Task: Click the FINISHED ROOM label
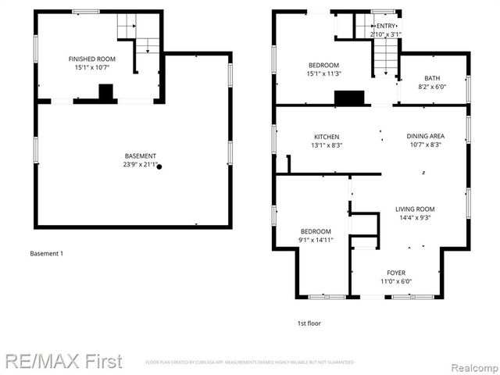(x=92, y=59)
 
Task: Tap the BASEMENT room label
(x=140, y=155)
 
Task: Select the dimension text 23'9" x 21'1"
(x=140, y=165)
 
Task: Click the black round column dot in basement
(x=159, y=166)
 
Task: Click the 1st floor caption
(x=308, y=323)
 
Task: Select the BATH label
(x=432, y=78)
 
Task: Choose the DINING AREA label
(x=426, y=136)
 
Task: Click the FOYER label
(x=395, y=273)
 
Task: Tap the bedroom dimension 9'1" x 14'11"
(x=316, y=241)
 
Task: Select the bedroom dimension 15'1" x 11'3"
(x=323, y=73)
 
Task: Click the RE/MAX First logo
(x=63, y=361)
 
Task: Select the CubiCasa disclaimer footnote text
(x=250, y=362)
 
